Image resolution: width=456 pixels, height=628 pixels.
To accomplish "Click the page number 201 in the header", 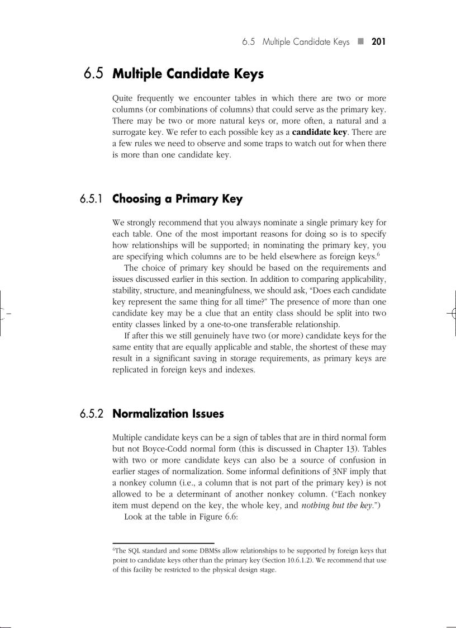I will [x=379, y=42].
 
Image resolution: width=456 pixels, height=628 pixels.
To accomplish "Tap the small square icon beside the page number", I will [x=361, y=42].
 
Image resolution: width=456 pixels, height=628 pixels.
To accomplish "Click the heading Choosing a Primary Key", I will [x=177, y=199].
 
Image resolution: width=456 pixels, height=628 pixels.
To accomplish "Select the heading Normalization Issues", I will [x=168, y=414].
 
